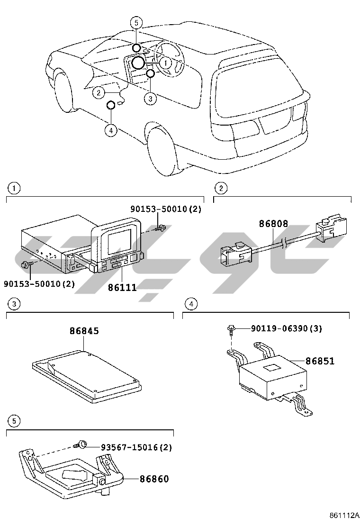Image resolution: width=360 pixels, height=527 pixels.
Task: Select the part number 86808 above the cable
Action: (x=273, y=223)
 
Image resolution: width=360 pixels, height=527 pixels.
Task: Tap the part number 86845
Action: (x=84, y=331)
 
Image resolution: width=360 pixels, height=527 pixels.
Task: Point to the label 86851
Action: (x=320, y=361)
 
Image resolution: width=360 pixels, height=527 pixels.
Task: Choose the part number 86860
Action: (x=154, y=479)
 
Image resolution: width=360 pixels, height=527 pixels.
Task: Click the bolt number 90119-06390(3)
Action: (x=286, y=328)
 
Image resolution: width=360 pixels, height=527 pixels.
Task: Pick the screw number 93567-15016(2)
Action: (x=136, y=447)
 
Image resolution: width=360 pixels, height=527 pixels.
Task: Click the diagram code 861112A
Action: (x=344, y=515)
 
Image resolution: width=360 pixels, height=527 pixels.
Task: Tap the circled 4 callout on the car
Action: (x=111, y=129)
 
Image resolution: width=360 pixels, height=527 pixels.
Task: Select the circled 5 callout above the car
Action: (x=136, y=23)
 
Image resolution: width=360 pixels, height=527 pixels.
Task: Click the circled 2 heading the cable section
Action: (x=220, y=188)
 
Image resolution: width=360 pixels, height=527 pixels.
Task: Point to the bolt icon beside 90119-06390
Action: (x=231, y=328)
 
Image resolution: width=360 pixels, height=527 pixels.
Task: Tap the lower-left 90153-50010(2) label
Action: (x=39, y=284)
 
